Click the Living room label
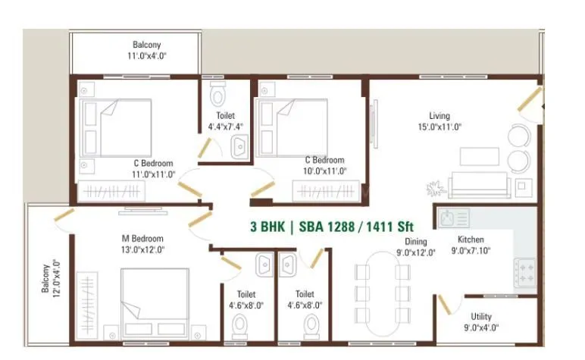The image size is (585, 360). (440, 116)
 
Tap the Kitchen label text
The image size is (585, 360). (471, 240)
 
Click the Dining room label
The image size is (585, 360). (415, 242)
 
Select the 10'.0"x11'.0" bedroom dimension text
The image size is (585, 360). (324, 172)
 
